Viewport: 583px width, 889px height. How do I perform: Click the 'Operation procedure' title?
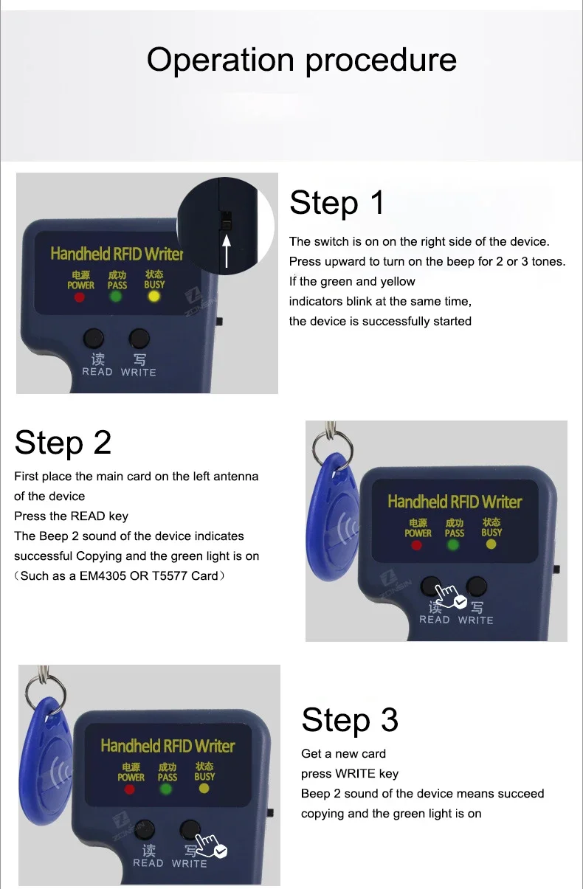pos(302,60)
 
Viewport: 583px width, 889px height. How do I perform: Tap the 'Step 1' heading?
pos(337,202)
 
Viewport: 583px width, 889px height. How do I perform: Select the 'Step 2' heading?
pos(63,443)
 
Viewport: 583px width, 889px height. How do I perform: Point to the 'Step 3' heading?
pos(350,720)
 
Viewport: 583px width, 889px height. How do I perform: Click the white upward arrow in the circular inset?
pos(227,251)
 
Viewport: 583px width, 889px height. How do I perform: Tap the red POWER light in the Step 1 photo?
pos(80,297)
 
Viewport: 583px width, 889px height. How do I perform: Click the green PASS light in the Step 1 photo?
pos(116,297)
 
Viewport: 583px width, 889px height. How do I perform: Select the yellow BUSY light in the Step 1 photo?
pos(153,296)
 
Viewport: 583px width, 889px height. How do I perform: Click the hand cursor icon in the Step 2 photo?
pos(450,596)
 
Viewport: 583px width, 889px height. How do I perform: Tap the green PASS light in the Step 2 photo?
pos(453,545)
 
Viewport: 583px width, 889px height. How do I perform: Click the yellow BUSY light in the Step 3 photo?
pos(204,788)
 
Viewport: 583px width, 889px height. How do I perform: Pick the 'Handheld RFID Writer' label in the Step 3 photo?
pos(168,746)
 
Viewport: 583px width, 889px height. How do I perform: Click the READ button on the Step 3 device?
pos(144,829)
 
